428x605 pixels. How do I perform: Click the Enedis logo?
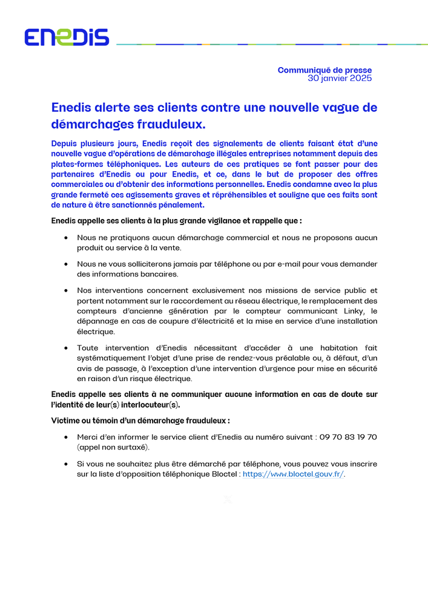[67, 38]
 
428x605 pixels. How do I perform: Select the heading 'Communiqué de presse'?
[324, 70]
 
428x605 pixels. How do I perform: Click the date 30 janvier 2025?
[340, 78]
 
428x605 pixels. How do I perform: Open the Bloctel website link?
[293, 475]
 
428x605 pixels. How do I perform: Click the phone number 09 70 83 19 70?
[349, 437]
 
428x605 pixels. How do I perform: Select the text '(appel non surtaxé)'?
[113, 448]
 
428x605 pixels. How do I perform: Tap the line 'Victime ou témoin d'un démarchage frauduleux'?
[140, 420]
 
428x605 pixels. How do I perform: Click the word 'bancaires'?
[151, 274]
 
